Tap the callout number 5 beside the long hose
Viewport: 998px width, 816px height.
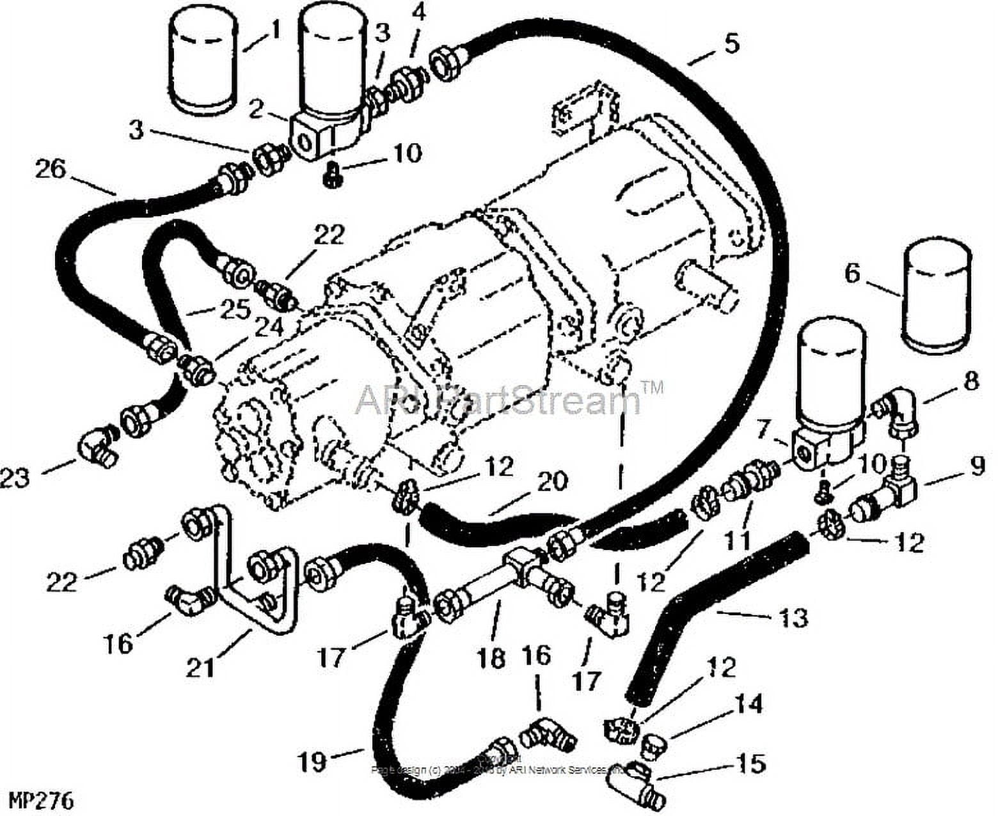click(x=731, y=43)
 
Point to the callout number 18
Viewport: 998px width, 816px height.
click(x=491, y=659)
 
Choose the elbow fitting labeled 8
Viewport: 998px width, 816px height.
click(x=896, y=409)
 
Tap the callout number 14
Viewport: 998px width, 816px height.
click(x=750, y=704)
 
